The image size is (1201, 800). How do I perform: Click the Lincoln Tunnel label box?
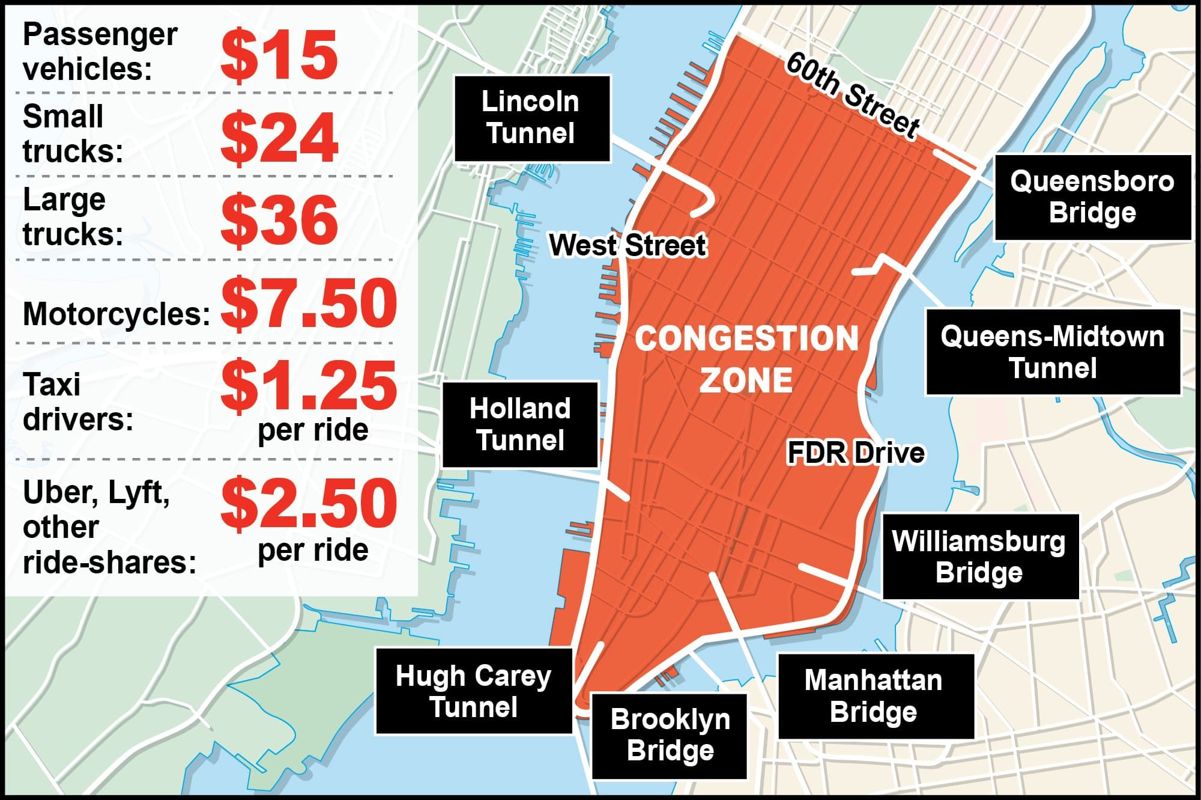point(532,118)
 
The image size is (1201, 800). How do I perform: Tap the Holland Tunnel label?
point(520,424)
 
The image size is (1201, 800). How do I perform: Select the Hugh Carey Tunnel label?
point(474,691)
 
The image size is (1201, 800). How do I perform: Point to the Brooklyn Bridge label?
point(670,735)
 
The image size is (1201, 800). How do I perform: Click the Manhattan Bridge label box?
point(874,696)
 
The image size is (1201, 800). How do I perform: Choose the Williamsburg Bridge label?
point(979,557)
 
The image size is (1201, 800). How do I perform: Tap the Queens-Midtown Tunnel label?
point(1053,352)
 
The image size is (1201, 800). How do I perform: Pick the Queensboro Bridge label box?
point(1092,197)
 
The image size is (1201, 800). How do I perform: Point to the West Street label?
point(628,245)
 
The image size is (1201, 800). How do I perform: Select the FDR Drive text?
point(856,453)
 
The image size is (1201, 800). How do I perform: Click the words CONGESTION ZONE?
point(746,359)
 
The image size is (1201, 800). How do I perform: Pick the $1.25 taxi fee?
point(309,385)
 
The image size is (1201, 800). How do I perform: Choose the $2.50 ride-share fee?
point(309,503)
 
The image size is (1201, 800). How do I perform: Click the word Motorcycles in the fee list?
point(116,314)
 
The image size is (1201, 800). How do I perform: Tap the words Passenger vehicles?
point(100,52)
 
